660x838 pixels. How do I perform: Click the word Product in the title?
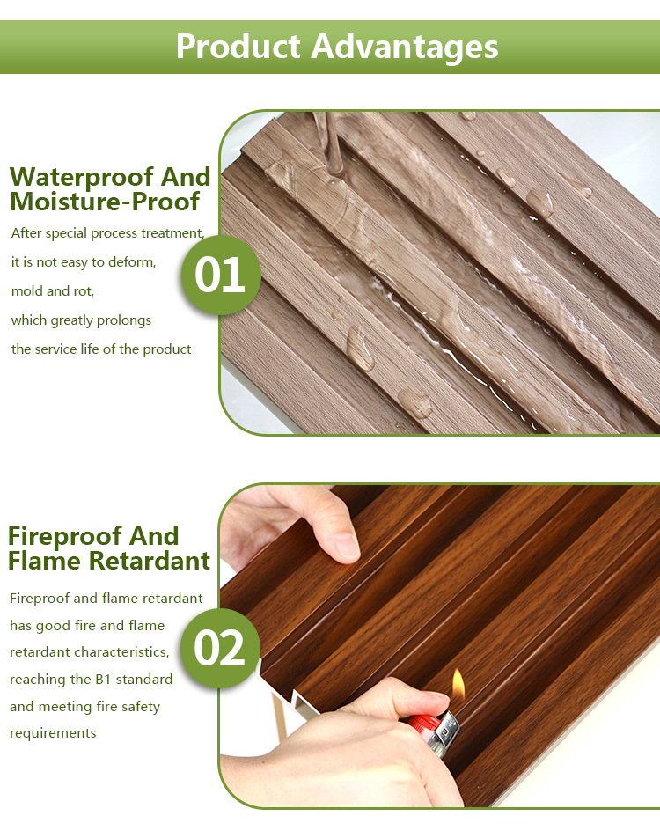(238, 46)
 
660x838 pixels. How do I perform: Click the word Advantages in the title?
(404, 46)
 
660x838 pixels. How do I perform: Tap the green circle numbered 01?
(220, 275)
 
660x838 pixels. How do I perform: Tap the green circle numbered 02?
(220, 648)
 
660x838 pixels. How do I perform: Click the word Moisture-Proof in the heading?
(105, 202)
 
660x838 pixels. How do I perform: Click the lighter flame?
(458, 684)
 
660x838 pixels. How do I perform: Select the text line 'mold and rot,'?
(53, 290)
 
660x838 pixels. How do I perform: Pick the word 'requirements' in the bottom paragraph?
(53, 733)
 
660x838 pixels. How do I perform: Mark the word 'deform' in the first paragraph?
(133, 262)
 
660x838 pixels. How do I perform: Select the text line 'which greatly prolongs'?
(81, 320)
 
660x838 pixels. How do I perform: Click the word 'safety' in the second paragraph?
(139, 706)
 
